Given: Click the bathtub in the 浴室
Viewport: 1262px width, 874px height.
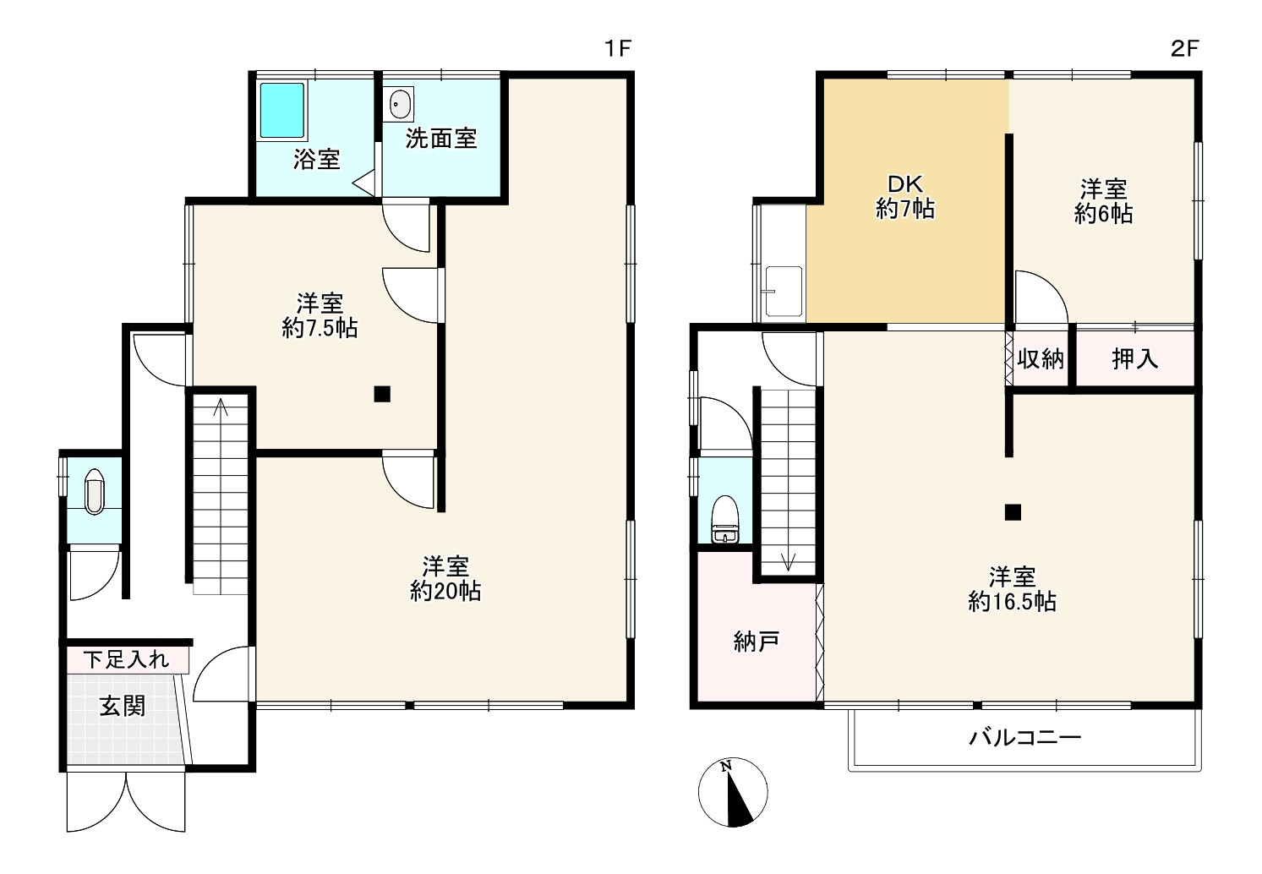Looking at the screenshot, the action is coord(282,111).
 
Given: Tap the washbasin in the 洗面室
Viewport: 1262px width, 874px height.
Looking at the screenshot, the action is coord(400,104).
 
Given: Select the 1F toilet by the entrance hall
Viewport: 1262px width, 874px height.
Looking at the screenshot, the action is coord(94,491).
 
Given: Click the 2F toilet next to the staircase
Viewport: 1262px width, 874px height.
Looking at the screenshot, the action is coord(725,519).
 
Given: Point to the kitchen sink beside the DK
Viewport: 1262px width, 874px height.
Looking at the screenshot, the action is coord(783,291).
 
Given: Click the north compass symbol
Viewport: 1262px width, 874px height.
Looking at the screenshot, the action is coord(732,792).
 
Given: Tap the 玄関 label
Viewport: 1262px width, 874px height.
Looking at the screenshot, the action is coord(123,706).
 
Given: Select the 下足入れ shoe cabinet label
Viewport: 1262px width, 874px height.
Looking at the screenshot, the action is coord(126,659).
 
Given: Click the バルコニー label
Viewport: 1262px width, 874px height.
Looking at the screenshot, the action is coord(1024,738).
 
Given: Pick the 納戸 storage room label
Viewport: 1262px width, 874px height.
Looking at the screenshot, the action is coord(757,642).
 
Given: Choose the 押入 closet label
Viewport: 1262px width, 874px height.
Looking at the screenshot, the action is coord(1135,358).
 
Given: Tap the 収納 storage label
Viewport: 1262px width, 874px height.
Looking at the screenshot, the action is coord(1041,358).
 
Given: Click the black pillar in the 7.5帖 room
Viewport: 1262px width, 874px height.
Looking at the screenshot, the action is coord(382,394).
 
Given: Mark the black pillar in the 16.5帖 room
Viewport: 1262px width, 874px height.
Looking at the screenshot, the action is coord(1013,512).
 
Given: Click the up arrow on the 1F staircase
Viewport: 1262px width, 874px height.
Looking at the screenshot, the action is coord(221,407).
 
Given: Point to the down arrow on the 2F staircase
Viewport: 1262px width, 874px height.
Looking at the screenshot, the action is coord(788,561).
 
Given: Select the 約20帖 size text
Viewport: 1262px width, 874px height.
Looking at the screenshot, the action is coord(445,591).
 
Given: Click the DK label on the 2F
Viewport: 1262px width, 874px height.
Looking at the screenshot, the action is coord(904,183).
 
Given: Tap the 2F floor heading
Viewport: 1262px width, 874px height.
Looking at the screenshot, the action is coord(1185,48).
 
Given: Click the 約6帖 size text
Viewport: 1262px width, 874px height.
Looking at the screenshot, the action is coord(1103,214).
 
